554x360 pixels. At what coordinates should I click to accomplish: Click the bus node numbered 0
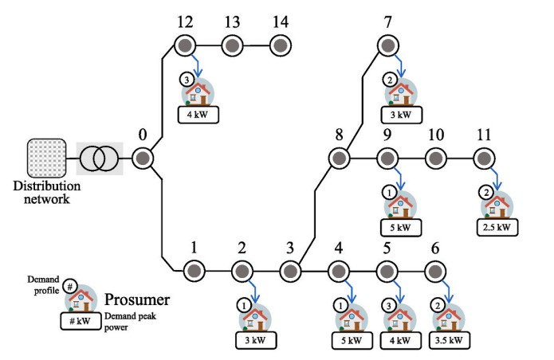click(x=143, y=158)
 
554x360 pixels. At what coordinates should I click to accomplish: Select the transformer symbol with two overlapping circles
click(x=100, y=158)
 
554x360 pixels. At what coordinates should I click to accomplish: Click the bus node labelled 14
click(x=280, y=45)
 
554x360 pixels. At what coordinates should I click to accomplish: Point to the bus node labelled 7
click(x=387, y=45)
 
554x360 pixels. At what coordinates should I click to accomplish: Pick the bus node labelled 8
click(x=338, y=158)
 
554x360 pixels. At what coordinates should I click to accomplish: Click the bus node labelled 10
click(x=435, y=158)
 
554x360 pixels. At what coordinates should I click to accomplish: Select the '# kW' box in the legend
click(x=80, y=320)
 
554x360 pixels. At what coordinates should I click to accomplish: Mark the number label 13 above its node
click(x=232, y=21)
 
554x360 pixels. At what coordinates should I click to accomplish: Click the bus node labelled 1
click(x=192, y=270)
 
